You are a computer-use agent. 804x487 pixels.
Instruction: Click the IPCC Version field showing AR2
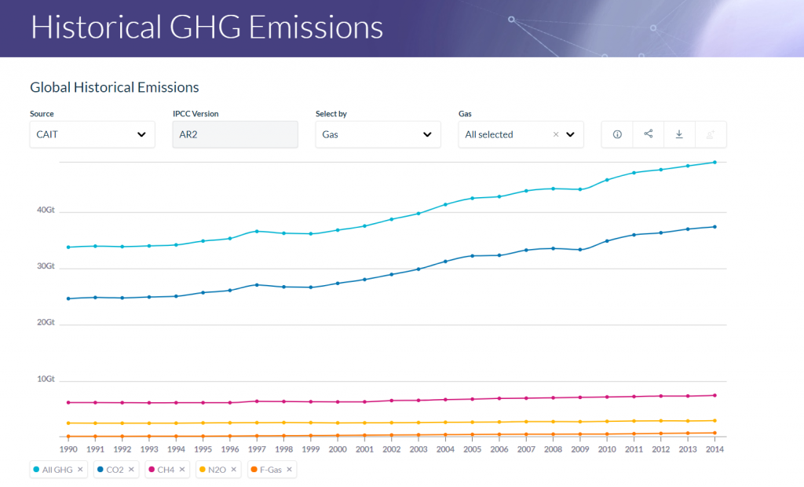tap(235, 134)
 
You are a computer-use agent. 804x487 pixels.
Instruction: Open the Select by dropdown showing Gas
tap(378, 134)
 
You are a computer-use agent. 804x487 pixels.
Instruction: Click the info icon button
tap(617, 134)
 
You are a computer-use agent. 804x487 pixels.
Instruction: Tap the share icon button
tap(649, 134)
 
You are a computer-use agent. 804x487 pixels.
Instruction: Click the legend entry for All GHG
tap(54, 470)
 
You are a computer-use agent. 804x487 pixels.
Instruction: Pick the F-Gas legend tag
tap(268, 470)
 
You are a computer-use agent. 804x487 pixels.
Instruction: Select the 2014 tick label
tap(714, 449)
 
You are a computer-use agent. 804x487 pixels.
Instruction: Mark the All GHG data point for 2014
tap(714, 163)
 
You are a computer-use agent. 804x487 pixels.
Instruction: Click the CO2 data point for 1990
tap(69, 298)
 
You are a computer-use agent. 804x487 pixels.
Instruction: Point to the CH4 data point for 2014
tap(714, 395)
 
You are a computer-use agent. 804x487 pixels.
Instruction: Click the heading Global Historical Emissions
tap(115, 87)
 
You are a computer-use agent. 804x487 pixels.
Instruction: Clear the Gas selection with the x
tap(556, 134)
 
